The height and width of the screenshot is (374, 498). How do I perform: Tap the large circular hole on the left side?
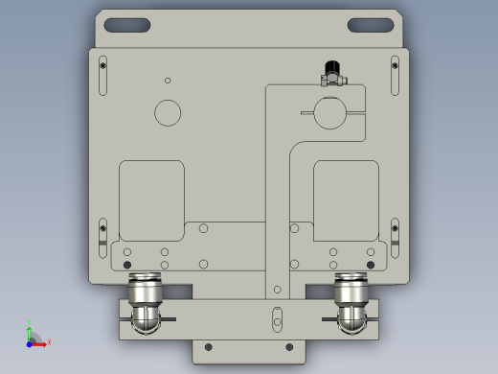coord(168,112)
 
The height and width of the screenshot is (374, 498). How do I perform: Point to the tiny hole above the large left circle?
coord(168,81)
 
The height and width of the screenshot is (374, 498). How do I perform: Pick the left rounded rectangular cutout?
coord(151,199)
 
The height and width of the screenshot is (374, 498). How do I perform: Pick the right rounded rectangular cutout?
coord(346,199)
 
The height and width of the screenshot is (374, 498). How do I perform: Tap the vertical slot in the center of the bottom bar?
coord(278,317)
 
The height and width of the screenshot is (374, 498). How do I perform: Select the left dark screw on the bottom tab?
coord(208,347)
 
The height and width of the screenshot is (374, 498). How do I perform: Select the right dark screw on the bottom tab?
coord(289,347)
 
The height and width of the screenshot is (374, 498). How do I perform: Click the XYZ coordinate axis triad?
coord(34,337)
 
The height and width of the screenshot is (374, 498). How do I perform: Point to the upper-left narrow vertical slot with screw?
coord(103,76)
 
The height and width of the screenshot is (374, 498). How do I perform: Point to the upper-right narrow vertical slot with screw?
coord(395,76)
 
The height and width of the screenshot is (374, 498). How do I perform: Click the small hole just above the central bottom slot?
coord(278,289)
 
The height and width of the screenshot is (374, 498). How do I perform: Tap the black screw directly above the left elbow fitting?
coord(128,265)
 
